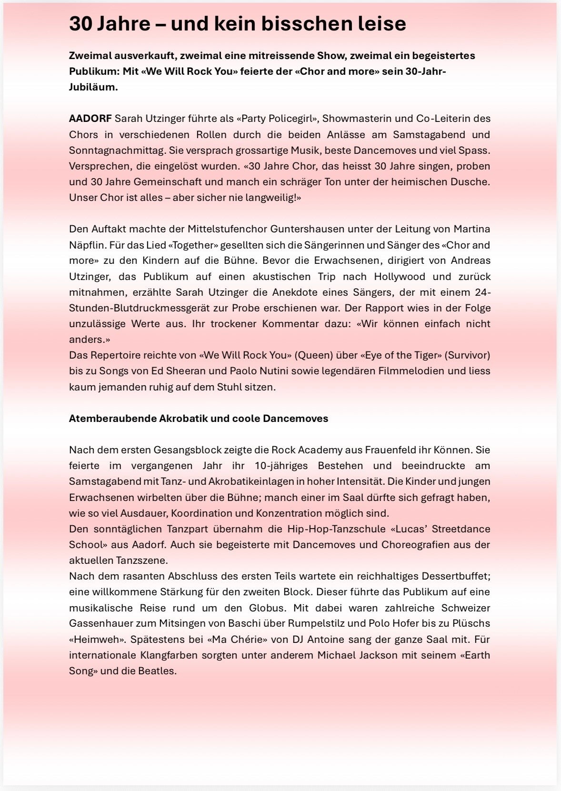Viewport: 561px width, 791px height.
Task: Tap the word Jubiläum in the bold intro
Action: pos(92,87)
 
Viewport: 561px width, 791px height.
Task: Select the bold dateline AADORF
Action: pos(90,119)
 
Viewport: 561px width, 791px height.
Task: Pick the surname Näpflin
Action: pos(87,245)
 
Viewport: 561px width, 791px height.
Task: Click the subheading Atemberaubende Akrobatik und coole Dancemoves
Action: pos(199,419)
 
